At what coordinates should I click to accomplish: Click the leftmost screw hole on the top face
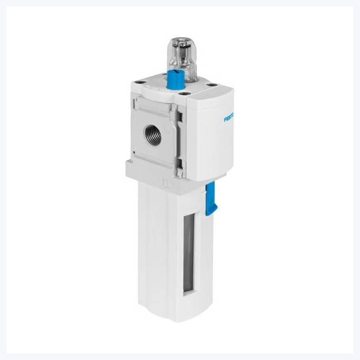(138, 82)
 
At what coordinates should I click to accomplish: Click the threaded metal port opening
(152, 135)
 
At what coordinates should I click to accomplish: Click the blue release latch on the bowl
(211, 199)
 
